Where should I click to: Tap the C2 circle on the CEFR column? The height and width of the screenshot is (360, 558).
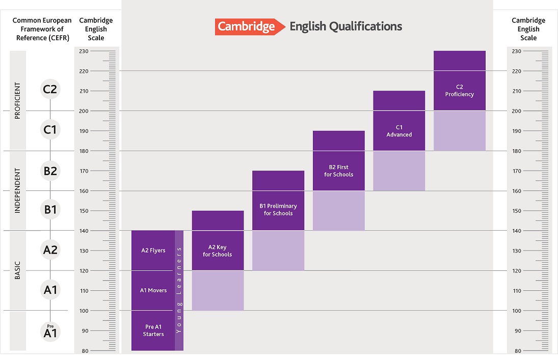[50, 90]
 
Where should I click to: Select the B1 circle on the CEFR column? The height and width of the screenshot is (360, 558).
[50, 209]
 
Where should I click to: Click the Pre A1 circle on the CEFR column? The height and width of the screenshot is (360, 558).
[50, 331]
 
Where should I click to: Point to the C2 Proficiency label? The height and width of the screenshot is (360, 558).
[459, 91]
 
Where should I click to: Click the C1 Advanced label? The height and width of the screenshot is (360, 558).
[398, 131]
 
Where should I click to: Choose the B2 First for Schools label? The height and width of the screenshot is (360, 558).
[338, 171]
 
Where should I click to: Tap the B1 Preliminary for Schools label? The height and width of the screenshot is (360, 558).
[278, 210]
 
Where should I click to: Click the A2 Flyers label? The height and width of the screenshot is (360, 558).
[153, 251]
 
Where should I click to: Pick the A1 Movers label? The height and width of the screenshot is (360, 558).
[153, 290]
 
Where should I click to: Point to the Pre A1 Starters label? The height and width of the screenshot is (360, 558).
[153, 330]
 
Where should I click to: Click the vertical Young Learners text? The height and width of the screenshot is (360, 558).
[179, 290]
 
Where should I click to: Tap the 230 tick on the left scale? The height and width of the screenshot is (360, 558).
[85, 51]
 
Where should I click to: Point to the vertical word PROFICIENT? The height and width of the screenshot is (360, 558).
[17, 101]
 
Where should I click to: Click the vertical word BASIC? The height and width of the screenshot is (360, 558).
[17, 270]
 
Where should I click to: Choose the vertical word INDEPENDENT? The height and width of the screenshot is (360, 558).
[17, 190]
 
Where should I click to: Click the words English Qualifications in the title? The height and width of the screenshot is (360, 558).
[346, 26]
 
